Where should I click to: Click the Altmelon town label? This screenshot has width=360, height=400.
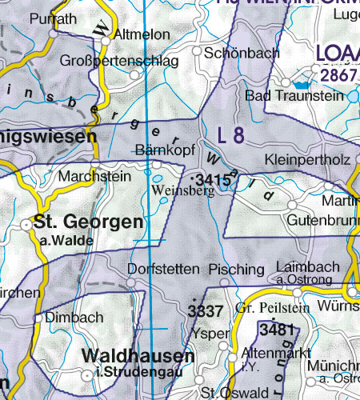[142, 35]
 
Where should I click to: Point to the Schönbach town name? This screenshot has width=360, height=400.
[242, 53]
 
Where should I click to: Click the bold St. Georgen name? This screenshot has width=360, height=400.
[88, 222]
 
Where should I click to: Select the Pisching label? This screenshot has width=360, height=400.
[235, 270]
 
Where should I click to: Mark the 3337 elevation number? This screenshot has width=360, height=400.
[204, 310]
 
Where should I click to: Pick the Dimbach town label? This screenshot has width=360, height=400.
[74, 318]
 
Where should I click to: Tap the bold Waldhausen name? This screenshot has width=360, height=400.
[138, 356]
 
